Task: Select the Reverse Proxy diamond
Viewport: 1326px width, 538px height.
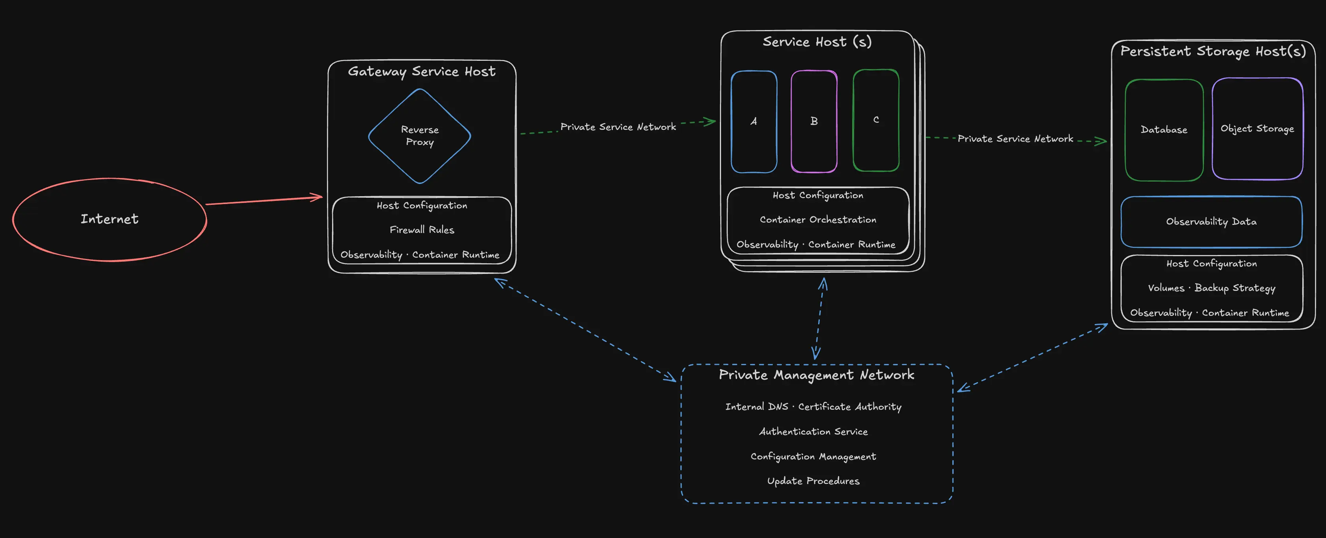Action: coord(419,136)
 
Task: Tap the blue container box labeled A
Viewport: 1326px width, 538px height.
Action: coord(753,122)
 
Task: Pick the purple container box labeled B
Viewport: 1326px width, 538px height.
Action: coord(814,122)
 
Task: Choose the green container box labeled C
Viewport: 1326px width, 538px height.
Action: coord(875,120)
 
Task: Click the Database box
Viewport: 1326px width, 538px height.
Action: coord(1164,129)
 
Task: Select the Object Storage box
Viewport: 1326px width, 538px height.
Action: coord(1257,129)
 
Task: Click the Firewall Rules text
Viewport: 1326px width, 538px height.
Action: coord(422,230)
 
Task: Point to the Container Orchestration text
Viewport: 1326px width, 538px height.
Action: coord(817,219)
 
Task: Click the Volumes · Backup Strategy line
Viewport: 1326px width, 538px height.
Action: coord(1211,288)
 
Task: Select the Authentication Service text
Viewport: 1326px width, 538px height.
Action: coord(813,431)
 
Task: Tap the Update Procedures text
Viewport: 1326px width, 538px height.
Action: coord(813,481)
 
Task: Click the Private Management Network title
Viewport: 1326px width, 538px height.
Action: coord(816,375)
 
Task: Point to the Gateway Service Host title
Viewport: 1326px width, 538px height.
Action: coord(422,71)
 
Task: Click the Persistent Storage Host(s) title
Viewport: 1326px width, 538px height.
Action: coord(1213,51)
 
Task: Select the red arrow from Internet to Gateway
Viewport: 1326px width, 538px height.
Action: coord(263,201)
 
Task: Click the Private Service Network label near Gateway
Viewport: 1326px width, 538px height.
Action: coord(618,127)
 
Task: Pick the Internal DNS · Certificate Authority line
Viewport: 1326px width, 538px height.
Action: coord(813,407)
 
